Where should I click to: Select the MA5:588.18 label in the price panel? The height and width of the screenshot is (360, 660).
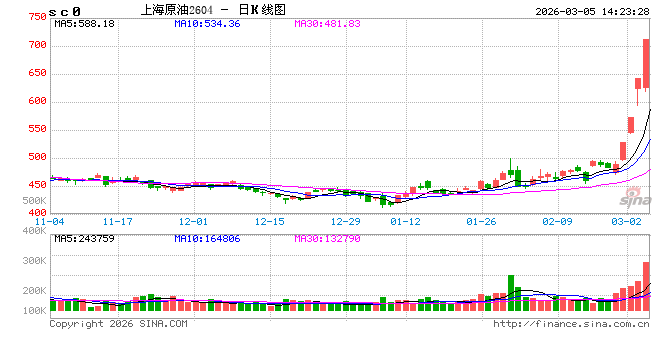pos(85,23)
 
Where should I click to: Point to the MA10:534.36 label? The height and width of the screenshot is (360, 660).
pos(207,23)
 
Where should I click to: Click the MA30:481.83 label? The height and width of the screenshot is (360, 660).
pos(329,23)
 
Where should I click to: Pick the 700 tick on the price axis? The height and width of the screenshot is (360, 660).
pos(37,45)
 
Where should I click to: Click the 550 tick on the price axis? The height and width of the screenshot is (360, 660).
pos(37,129)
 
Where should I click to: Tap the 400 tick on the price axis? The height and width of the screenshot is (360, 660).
pos(37,212)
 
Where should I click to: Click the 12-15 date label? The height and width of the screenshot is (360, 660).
pos(270,221)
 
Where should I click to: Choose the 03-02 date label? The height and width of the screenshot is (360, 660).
pos(626,221)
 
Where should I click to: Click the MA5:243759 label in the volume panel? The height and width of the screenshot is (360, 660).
pos(85,239)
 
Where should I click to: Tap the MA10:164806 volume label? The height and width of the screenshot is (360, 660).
pos(207,239)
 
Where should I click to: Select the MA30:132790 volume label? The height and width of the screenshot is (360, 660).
pos(329,239)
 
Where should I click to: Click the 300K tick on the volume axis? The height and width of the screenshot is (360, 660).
pos(35,260)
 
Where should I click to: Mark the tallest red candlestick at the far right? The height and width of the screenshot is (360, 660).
pos(646,62)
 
